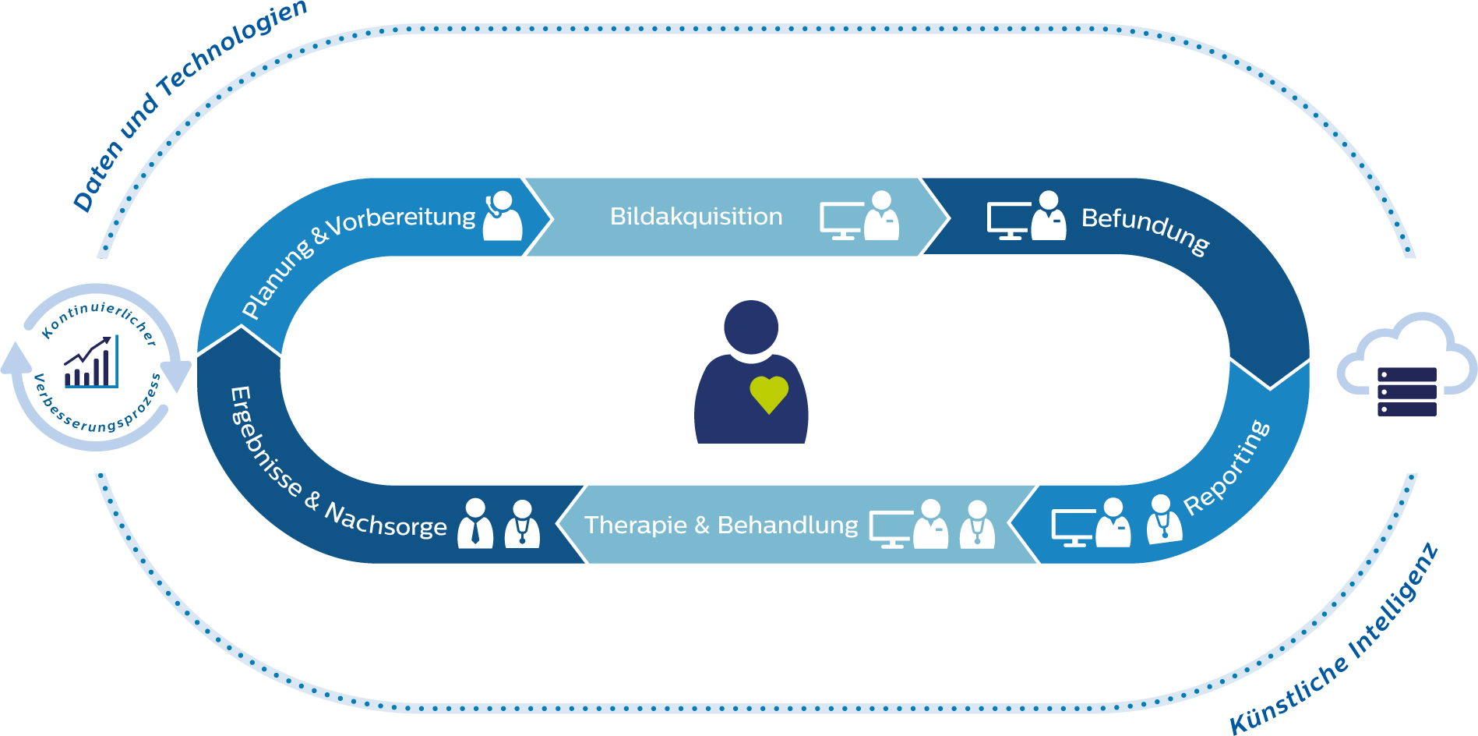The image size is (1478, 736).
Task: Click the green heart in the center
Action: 769,394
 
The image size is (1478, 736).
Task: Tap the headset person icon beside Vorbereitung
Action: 503,216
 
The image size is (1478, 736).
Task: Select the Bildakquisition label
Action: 696,216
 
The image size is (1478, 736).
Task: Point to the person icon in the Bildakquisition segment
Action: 882,216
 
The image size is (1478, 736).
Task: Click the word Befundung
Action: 1145,229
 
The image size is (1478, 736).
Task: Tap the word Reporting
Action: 1226,468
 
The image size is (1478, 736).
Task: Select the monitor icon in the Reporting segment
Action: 1074,527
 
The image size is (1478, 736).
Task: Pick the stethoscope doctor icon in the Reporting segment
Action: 1163,519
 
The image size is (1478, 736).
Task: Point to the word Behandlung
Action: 788,525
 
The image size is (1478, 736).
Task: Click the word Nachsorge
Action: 386,520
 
